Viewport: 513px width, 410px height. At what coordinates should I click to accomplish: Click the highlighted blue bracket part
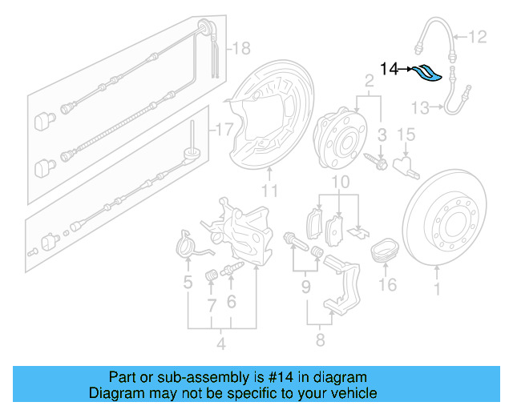(428, 74)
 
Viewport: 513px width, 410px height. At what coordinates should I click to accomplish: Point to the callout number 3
(382, 133)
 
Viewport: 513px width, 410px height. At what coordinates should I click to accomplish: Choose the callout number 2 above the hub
(370, 80)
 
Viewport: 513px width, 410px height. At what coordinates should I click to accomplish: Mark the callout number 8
(320, 340)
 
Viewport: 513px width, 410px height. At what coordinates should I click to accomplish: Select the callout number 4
(221, 345)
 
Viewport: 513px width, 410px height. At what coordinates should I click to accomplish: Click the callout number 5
(188, 283)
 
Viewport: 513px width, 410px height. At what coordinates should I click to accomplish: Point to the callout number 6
(231, 301)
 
